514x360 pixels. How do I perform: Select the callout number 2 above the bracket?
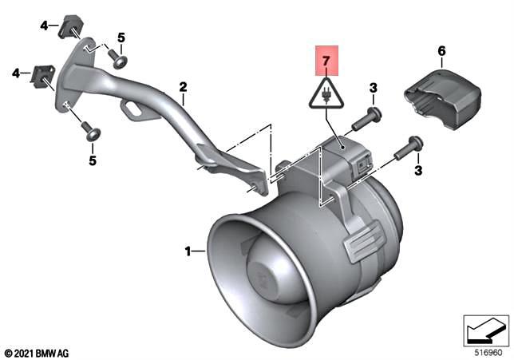(x=183, y=87)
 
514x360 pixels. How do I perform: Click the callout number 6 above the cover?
(x=441, y=52)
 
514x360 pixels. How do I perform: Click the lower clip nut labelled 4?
(x=42, y=77)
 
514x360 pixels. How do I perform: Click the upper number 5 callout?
(x=121, y=38)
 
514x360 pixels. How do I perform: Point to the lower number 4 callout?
(x=14, y=73)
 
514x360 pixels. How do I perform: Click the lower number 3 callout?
(x=417, y=171)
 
